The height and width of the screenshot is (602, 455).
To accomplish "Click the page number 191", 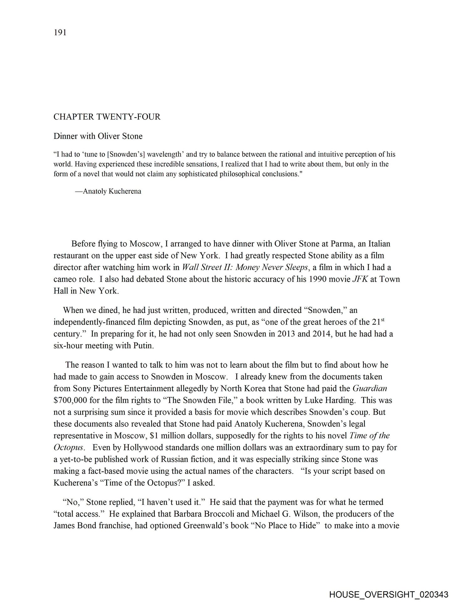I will click(x=60, y=33).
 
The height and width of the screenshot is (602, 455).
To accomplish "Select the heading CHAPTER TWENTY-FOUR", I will click(x=107, y=117).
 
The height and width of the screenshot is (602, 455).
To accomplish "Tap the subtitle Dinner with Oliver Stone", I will click(x=98, y=136).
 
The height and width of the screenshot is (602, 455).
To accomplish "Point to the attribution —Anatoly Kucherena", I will click(x=108, y=191).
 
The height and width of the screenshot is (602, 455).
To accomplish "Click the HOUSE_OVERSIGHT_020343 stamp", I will click(x=389, y=594).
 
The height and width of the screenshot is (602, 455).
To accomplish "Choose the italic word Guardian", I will click(x=370, y=388).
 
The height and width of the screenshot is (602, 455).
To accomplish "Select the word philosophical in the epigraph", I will click(x=240, y=174).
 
